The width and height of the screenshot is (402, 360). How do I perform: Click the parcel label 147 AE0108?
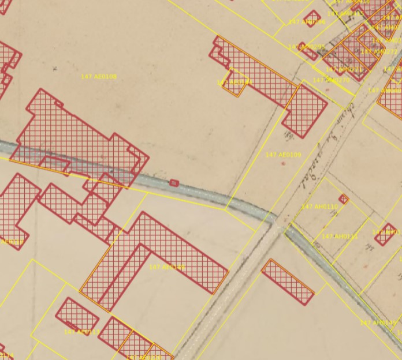[99, 77]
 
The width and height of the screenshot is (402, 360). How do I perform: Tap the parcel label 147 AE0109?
[283, 155]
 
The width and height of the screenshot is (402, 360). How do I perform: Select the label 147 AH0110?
[319, 207]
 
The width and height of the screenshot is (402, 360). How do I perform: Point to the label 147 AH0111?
[340, 237]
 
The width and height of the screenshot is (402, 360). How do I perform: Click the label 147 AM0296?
[307, 22]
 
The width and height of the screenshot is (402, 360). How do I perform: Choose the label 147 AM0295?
[306, 47]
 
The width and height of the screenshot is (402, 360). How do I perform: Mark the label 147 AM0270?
[332, 81]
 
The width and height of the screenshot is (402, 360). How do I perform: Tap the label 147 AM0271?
[344, 70]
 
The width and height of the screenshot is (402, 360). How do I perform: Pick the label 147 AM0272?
[379, 52]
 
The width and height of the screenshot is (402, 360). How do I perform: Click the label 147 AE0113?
[81, 332]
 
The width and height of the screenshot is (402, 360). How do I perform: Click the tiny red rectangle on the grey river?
[174, 183]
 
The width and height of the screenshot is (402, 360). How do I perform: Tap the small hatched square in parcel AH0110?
[344, 200]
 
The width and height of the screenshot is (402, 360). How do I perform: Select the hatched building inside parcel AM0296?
[313, 18]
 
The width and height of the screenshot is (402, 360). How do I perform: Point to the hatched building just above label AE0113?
[77, 314]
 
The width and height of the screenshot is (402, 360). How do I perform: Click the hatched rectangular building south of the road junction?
[288, 282]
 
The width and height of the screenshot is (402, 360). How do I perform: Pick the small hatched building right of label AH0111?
[385, 234]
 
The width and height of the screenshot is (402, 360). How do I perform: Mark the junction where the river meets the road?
[278, 221]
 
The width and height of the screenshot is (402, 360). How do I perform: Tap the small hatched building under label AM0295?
[309, 54]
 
